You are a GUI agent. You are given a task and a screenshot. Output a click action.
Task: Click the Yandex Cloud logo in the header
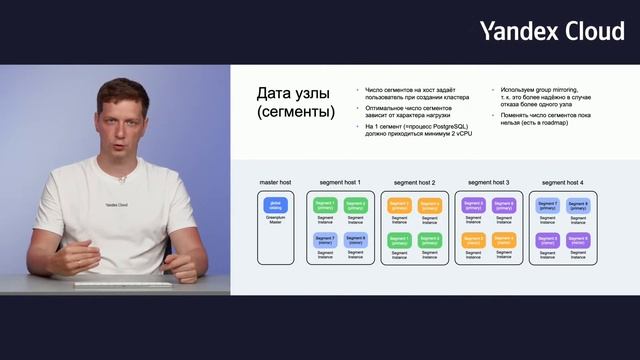click(551, 31)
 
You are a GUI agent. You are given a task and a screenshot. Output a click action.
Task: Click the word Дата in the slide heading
click(279, 93)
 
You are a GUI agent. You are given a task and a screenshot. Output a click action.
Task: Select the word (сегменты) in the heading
click(295, 112)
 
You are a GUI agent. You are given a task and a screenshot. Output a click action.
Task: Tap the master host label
click(275, 183)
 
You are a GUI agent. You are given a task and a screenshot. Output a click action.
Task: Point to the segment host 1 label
click(340, 183)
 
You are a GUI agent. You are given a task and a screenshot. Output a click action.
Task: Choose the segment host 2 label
click(414, 183)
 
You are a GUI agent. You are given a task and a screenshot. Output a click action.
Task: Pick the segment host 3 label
click(488, 183)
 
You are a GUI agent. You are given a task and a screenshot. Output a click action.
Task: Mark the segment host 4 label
click(562, 183)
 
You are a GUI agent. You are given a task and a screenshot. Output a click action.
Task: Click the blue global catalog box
click(275, 204)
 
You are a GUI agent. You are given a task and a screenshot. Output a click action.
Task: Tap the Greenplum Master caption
click(275, 219)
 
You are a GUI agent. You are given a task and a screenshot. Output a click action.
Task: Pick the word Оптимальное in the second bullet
click(385, 106)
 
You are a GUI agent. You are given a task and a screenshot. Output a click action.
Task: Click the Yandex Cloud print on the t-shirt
click(117, 205)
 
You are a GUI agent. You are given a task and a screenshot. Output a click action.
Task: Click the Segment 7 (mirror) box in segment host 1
click(325, 240)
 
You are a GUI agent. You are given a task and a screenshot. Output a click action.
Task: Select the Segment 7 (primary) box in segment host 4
click(547, 205)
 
